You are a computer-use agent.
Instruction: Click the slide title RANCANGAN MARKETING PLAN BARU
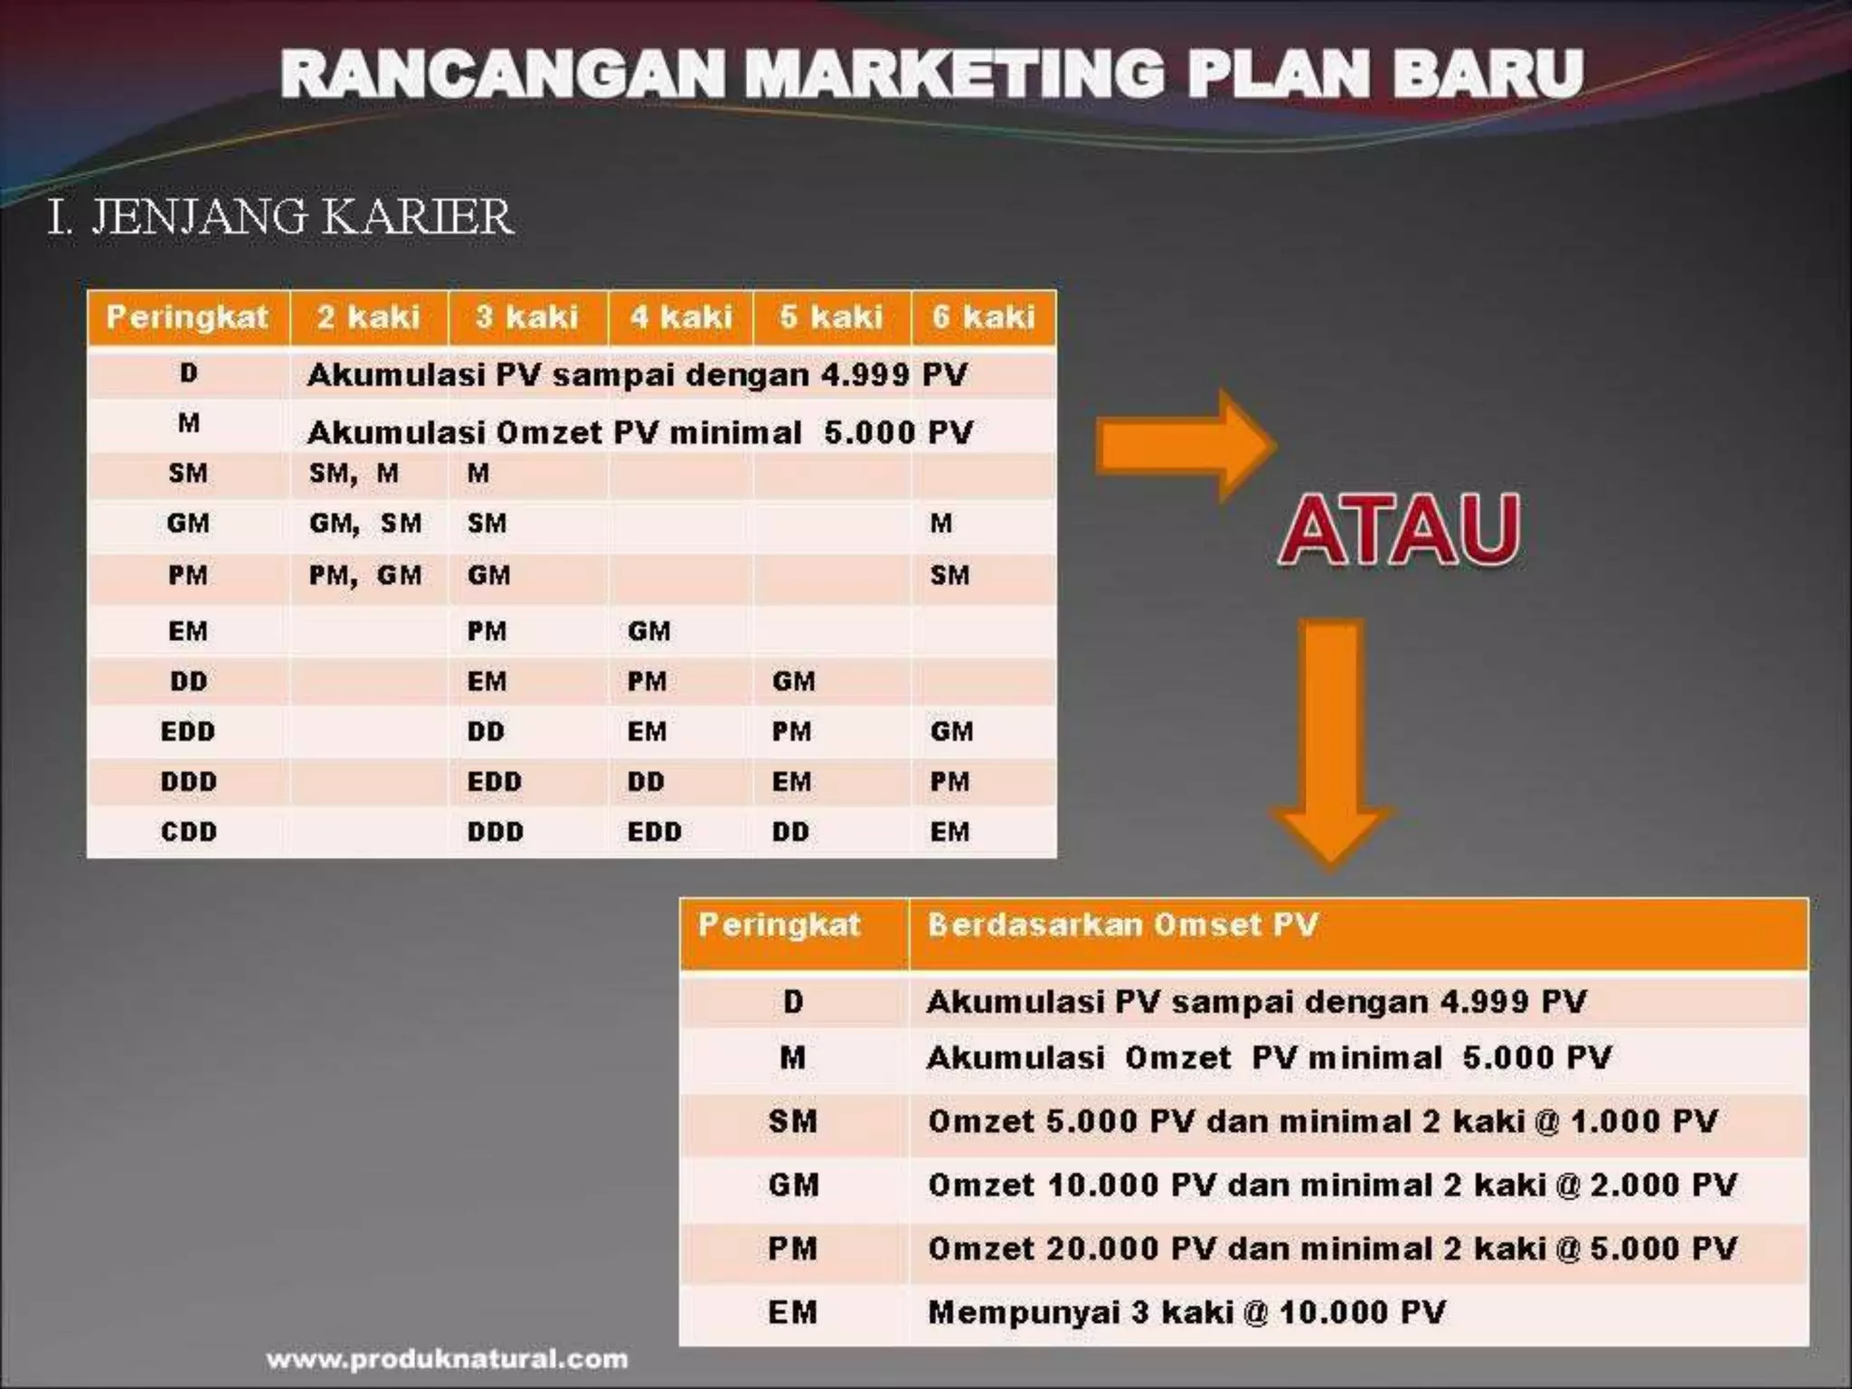click(x=931, y=74)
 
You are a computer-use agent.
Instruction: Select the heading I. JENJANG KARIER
click(x=280, y=217)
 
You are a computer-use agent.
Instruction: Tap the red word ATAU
click(x=1399, y=531)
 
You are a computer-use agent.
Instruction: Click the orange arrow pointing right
click(x=1185, y=446)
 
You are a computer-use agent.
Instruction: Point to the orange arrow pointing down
click(x=1331, y=742)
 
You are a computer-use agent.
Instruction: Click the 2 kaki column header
click(x=368, y=317)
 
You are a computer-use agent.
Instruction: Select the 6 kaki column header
click(x=983, y=317)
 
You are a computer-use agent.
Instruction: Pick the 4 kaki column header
click(x=681, y=317)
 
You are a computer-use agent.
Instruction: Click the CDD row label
click(x=188, y=832)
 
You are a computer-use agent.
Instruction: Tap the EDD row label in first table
click(x=188, y=732)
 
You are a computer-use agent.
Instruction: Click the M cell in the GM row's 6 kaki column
click(x=941, y=524)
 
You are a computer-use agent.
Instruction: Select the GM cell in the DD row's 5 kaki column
click(x=793, y=682)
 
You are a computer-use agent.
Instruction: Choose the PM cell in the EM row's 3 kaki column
click(x=487, y=631)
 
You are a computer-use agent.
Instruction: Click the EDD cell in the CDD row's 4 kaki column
click(x=654, y=832)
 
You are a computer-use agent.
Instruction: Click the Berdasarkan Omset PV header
click(x=1122, y=925)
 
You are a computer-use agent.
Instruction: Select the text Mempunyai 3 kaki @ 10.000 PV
click(x=1186, y=1312)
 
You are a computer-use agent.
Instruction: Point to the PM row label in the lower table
click(x=792, y=1249)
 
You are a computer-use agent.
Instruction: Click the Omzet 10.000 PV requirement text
click(x=1332, y=1186)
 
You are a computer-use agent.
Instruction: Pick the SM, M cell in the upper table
click(x=354, y=473)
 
